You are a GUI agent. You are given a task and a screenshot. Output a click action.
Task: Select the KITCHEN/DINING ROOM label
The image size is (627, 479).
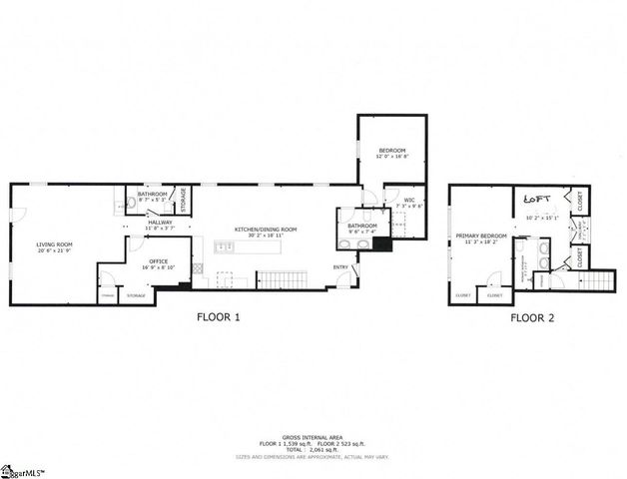(266, 230)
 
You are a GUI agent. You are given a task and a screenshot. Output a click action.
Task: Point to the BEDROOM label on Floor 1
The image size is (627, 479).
(391, 150)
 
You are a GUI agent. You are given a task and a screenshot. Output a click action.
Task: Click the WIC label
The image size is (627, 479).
(408, 200)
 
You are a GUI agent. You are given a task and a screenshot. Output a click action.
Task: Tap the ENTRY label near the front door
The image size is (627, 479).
(341, 266)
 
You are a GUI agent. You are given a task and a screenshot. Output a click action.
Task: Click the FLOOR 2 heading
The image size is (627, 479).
(532, 318)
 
